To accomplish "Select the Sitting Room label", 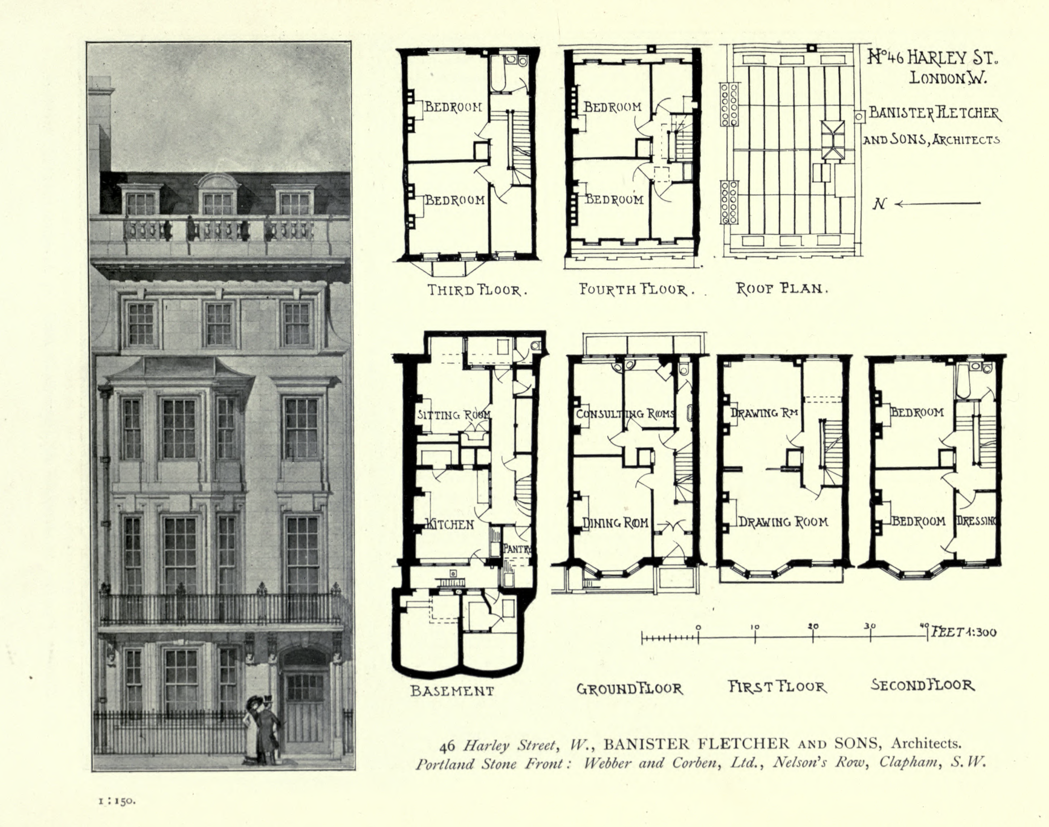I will pyautogui.click(x=454, y=415).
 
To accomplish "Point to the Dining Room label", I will pyautogui.click(x=615, y=523).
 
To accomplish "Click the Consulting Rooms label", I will pyautogui.click(x=625, y=414).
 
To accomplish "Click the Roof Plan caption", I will pyautogui.click(x=782, y=289).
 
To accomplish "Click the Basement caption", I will pyautogui.click(x=452, y=691).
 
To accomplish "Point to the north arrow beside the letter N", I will pyautogui.click(x=937, y=204).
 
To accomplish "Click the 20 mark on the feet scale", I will pyautogui.click(x=813, y=627).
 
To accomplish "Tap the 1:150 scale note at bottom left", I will pyautogui.click(x=117, y=801).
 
